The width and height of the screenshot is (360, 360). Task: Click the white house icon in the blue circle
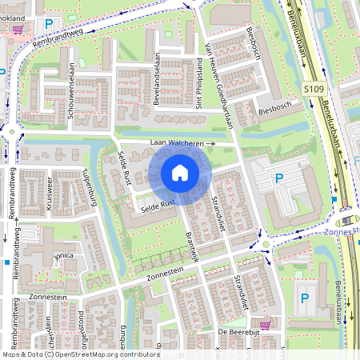coord(179,172)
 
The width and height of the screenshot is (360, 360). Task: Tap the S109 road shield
coord(314,91)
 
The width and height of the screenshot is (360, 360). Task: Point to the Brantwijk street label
coord(192,238)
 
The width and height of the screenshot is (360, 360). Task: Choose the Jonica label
coord(63,256)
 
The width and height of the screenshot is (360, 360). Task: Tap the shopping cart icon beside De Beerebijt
coord(265,325)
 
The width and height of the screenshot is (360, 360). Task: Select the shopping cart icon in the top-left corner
coord(18,28)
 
